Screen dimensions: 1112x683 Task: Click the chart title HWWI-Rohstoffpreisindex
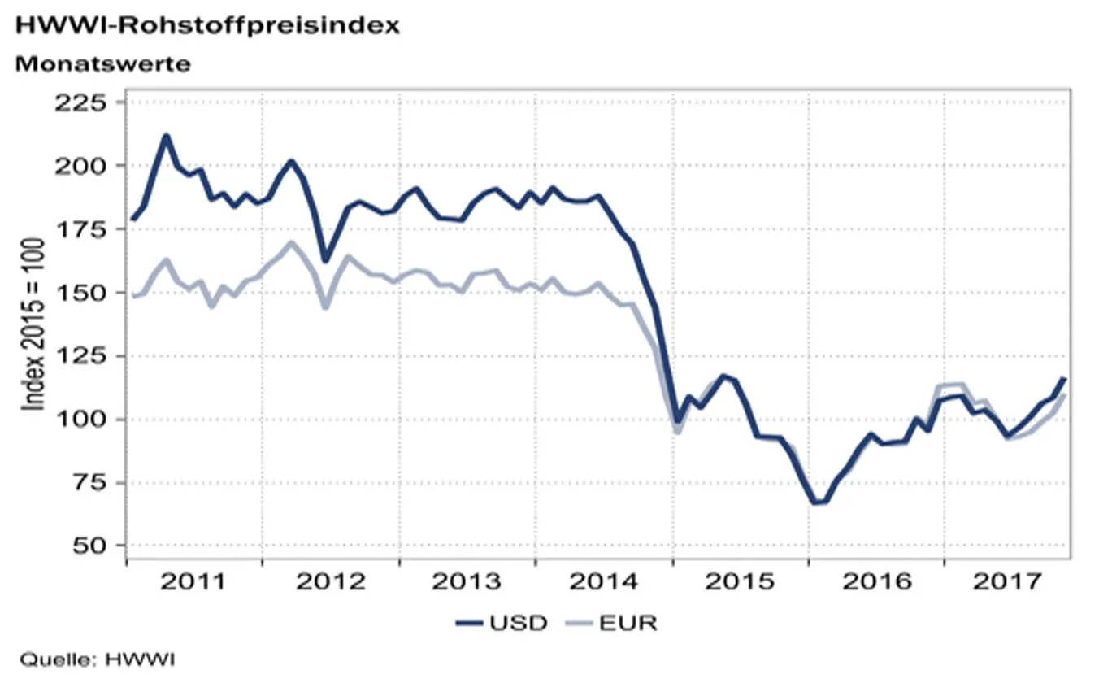point(207,26)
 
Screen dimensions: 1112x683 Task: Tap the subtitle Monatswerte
point(102,64)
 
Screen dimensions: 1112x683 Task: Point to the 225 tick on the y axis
point(80,102)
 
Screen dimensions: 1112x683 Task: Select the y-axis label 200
point(80,166)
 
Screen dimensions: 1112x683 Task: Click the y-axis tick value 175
point(80,229)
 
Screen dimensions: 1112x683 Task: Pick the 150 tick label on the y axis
point(80,293)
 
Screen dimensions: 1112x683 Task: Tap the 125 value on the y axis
point(80,356)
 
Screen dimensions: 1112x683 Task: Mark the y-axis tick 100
point(80,420)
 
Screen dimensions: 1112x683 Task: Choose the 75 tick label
point(89,483)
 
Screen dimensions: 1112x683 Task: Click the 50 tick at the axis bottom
point(89,546)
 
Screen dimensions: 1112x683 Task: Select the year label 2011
point(193,581)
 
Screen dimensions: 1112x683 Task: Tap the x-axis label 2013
point(467,581)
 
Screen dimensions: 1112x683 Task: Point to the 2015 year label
point(740,581)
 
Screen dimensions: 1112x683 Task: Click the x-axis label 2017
point(1007,581)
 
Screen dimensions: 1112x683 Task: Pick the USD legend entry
point(502,623)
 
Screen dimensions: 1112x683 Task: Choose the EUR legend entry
point(612,623)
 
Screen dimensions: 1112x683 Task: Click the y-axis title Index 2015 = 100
point(33,324)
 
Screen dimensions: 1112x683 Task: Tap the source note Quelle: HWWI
point(98,659)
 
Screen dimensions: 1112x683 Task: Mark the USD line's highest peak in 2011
point(167,135)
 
